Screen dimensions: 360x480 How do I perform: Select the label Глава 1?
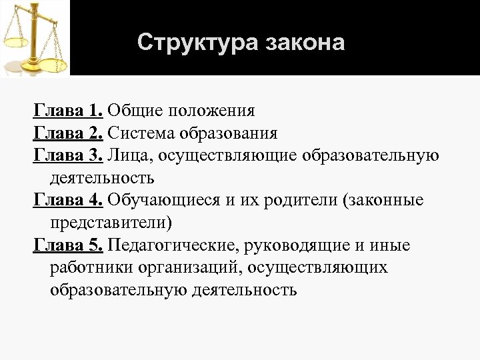[68, 110]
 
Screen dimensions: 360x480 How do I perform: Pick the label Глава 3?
[68, 155]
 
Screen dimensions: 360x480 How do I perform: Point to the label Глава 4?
[68, 201]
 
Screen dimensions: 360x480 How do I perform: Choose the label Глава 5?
[68, 246]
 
